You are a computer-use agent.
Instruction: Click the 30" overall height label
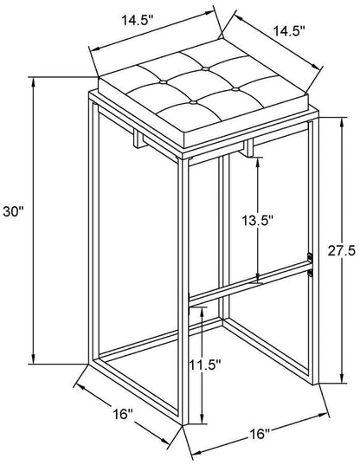(13, 212)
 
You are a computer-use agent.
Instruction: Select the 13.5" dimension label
(257, 220)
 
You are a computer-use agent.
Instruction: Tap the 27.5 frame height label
(341, 251)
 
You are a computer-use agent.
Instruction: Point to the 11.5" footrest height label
(205, 365)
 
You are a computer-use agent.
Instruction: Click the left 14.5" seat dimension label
(138, 22)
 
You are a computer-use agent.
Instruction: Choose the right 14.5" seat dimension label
(289, 31)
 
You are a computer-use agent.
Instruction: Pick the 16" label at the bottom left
(123, 414)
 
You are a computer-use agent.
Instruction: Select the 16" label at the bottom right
(259, 435)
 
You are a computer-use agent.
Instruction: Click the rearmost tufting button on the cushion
(204, 69)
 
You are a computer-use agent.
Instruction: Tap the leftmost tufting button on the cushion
(163, 82)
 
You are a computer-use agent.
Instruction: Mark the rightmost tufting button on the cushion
(236, 89)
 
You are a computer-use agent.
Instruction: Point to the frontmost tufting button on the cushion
(193, 103)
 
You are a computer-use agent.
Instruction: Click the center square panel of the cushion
(199, 86)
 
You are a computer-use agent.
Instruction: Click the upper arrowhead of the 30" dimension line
(34, 84)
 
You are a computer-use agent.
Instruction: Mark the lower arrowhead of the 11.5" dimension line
(202, 418)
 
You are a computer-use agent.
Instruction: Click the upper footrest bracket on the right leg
(310, 257)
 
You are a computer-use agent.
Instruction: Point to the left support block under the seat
(139, 139)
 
